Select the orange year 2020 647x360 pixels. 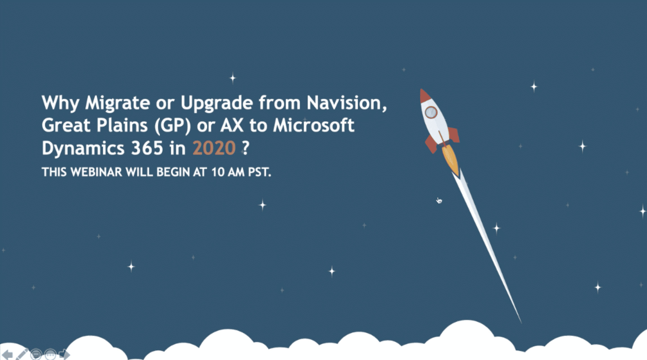pyautogui.click(x=214, y=148)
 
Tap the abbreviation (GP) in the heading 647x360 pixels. pyautogui.click(x=172, y=126)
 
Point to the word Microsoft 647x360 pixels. pyautogui.click(x=314, y=125)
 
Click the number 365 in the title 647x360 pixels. pyautogui.click(x=147, y=148)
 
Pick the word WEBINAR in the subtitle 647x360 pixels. pyautogui.click(x=96, y=172)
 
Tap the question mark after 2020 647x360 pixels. pyautogui.click(x=245, y=148)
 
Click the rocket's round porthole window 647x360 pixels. pyautogui.click(x=431, y=112)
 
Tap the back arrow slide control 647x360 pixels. pyautogui.click(x=7, y=354)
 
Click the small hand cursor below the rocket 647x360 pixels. pyautogui.click(x=439, y=201)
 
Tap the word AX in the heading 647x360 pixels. pyautogui.click(x=232, y=125)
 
